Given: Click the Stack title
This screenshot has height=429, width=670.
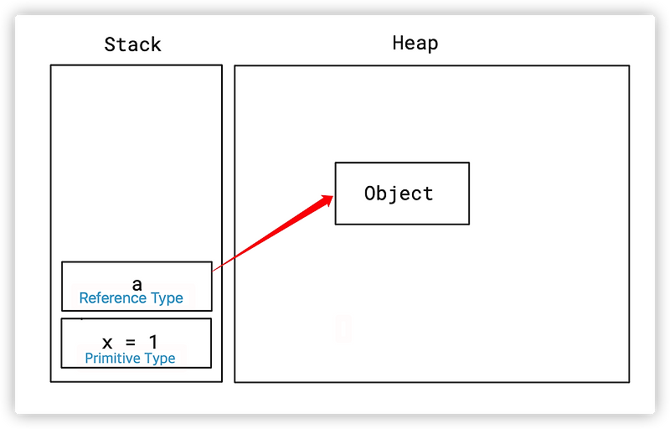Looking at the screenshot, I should (132, 44).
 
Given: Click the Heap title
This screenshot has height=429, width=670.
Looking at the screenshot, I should (415, 43).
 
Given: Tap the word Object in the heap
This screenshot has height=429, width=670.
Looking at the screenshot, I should (399, 194).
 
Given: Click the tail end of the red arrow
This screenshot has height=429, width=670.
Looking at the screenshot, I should (213, 270).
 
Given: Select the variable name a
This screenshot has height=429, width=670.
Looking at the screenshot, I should (137, 284).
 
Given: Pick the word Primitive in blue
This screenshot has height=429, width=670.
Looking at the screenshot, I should (112, 359).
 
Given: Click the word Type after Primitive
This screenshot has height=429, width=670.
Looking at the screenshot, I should (158, 359).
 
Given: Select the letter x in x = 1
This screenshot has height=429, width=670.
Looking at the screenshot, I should (107, 342).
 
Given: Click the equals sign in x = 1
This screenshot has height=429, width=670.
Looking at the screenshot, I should (130, 342).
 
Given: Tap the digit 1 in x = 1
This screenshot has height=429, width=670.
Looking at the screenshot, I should (152, 341).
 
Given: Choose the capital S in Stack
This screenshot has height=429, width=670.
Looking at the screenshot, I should (110, 44).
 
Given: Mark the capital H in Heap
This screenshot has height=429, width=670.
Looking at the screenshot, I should (398, 43).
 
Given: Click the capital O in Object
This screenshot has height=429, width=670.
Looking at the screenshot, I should (370, 194).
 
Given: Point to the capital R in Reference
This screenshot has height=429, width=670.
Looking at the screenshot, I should (83, 298).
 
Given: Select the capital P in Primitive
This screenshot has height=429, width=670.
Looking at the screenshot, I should (89, 359).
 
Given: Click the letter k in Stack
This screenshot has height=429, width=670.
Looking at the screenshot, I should (156, 44).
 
